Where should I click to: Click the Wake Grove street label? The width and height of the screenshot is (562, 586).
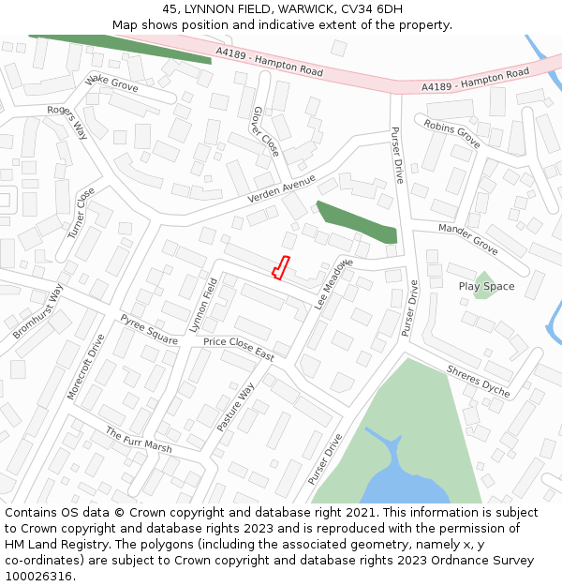coord(111,83)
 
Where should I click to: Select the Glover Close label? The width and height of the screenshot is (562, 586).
coord(265,131)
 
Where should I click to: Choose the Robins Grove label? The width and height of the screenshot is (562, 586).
coord(451,134)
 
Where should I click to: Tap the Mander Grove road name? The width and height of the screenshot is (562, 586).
coord(468,239)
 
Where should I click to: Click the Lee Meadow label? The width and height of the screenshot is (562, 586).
coord(333,284)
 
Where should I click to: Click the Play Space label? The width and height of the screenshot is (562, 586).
coord(486,286)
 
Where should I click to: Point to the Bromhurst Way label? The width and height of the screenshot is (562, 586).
coord(37,312)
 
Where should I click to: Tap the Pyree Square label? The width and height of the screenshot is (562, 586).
coord(149,330)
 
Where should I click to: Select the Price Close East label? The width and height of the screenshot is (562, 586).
coord(239,349)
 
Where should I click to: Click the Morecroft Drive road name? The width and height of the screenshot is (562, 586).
coord(86,368)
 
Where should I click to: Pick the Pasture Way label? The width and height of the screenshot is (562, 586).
coord(235,407)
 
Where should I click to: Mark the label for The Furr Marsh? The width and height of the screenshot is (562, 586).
coord(139,441)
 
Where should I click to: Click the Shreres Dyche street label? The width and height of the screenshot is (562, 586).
coord(478,382)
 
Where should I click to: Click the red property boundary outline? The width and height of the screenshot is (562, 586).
coord(280,267)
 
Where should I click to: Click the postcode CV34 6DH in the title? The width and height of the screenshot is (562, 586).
coord(370,8)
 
